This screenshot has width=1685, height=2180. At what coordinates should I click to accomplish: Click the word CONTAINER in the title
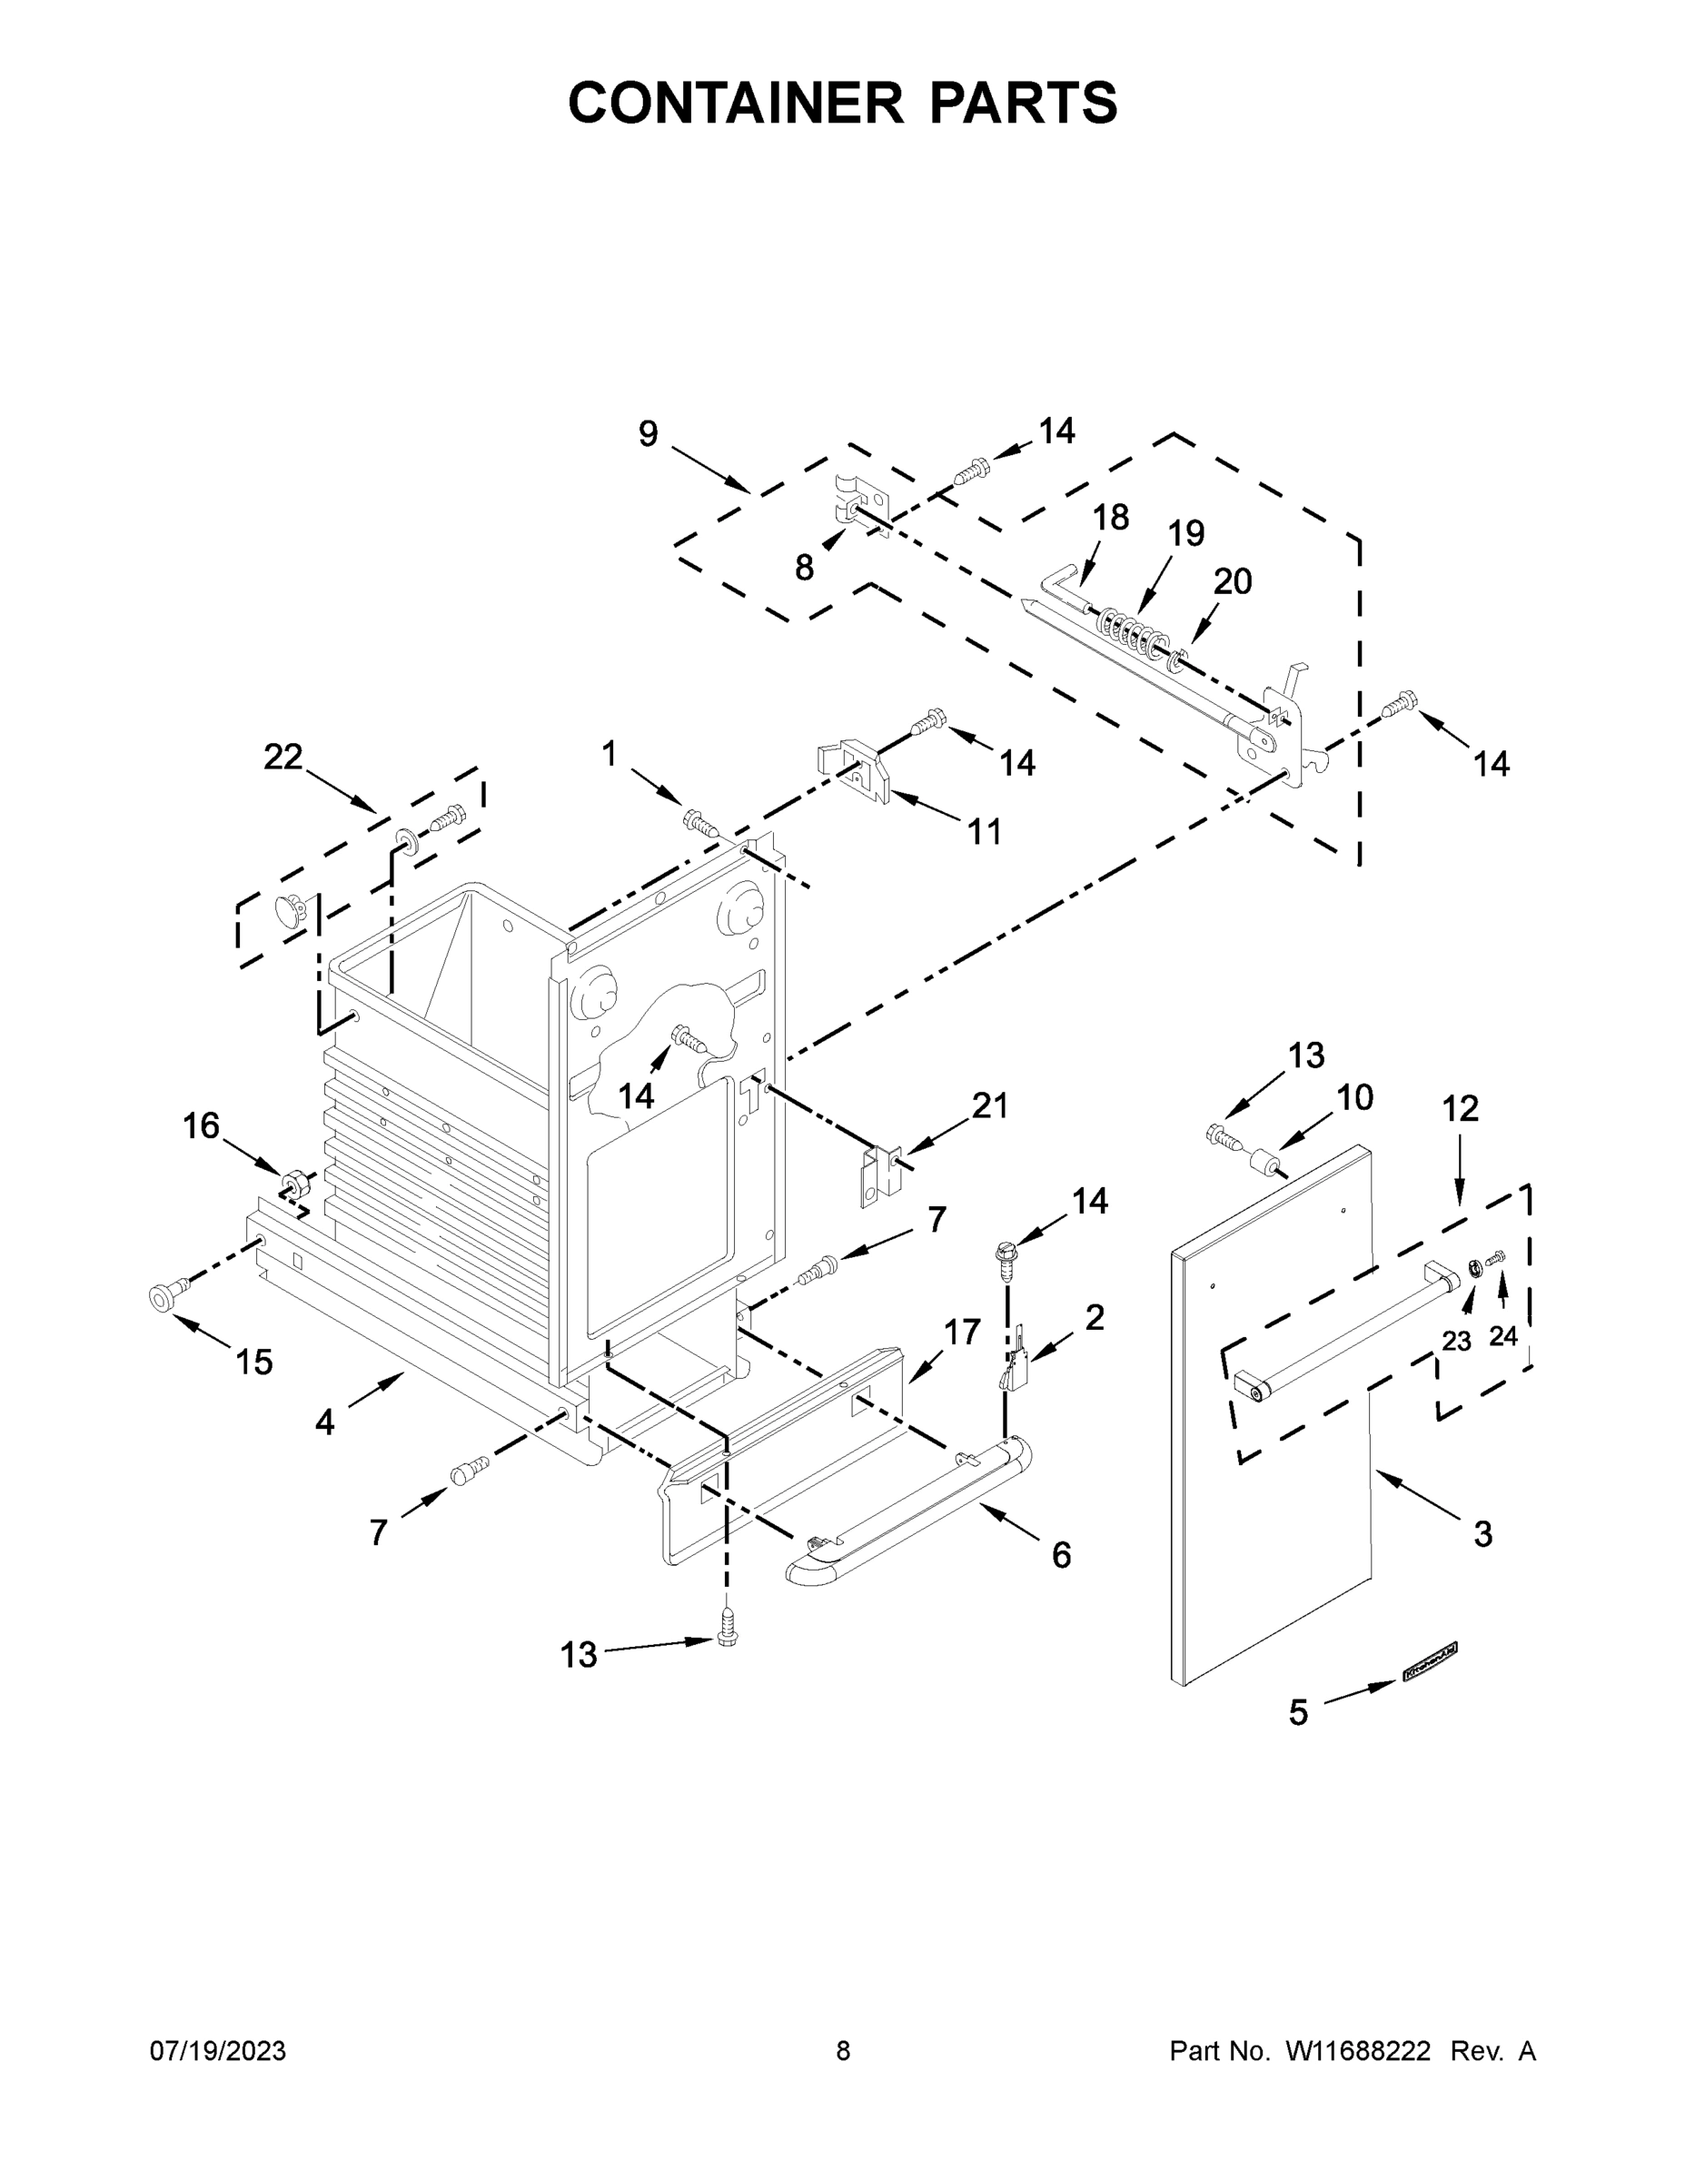736,103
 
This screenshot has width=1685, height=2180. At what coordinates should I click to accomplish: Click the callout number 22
282,757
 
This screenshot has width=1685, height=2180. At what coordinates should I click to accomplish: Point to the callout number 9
648,434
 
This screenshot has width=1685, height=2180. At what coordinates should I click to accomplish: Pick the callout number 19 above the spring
1186,534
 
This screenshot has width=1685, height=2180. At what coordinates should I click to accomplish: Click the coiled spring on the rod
1132,634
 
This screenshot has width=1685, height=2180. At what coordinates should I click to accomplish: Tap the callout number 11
985,831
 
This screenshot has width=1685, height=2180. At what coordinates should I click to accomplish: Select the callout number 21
989,1106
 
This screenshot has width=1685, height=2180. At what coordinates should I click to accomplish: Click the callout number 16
201,1126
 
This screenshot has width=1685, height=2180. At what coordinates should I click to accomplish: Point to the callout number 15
253,1362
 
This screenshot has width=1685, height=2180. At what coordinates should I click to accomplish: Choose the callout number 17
962,1332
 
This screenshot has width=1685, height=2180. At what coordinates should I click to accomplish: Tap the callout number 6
1061,1554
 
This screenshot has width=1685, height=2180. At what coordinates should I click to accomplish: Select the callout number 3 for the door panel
1482,1534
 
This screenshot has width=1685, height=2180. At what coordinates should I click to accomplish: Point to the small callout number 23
1456,1342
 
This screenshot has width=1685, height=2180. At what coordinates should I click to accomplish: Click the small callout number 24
1503,1335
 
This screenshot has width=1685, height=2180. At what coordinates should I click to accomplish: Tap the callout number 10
1354,1098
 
